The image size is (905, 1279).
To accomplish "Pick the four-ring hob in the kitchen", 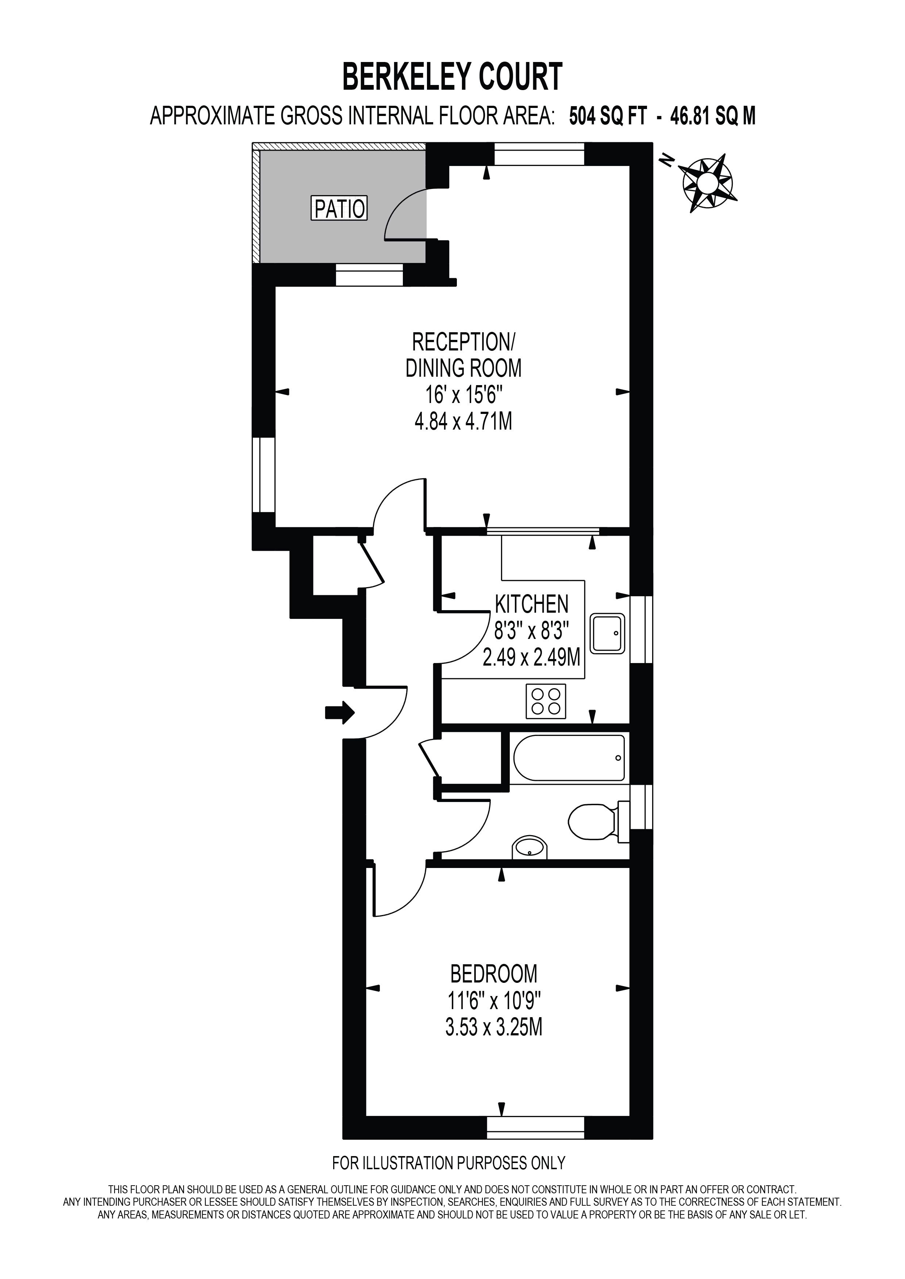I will coord(546,701).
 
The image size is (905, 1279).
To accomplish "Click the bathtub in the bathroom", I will coord(569,758).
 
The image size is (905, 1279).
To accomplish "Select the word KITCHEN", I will coord(532,604).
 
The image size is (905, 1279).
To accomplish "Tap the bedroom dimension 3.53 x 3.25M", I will coord(494,1027).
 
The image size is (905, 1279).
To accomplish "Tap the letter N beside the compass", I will coord(665,161).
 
